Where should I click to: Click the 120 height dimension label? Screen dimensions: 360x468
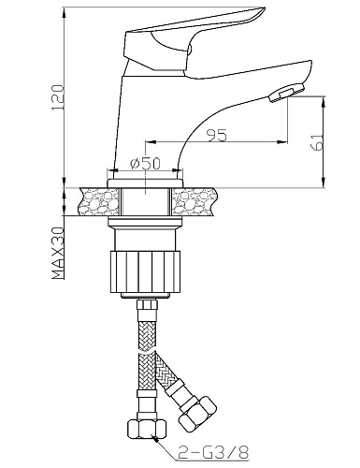point(58,97)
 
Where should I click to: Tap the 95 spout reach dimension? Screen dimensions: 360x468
point(218,136)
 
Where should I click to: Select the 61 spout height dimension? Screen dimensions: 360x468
point(318,142)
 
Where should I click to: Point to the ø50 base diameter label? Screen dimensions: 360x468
point(145,164)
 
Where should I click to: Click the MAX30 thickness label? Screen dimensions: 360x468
point(58,253)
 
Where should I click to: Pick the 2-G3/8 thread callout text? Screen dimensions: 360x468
point(213,451)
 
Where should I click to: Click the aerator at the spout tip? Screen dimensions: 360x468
point(286,93)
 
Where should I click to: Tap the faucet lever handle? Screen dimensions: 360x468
point(194,39)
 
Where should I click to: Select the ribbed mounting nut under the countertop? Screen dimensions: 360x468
point(145,271)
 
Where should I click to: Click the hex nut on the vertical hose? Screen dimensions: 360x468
point(146,430)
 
